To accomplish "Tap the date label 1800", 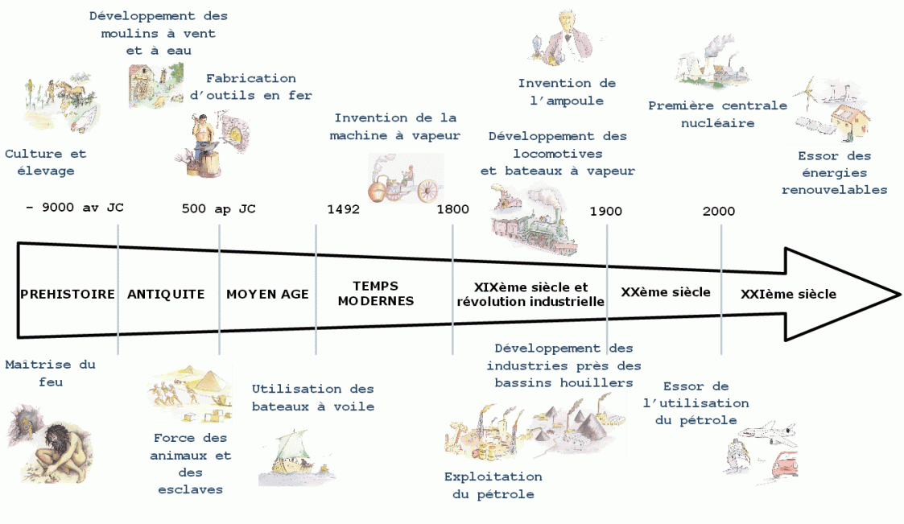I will tap(452, 209).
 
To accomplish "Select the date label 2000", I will tap(718, 211).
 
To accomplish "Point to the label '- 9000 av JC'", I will tap(74, 208).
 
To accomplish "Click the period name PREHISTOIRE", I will tap(68, 295).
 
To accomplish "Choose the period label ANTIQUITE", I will tap(166, 295).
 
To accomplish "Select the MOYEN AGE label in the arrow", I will tap(267, 295).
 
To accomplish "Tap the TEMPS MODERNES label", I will tap(375, 294).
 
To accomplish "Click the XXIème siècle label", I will tap(788, 295).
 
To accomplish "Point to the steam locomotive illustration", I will tap(531, 221).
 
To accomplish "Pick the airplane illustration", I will tap(769, 435).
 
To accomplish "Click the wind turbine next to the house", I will tap(809, 95).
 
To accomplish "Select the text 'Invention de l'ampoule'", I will tap(567, 92).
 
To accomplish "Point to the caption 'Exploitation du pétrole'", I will tap(493, 485).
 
